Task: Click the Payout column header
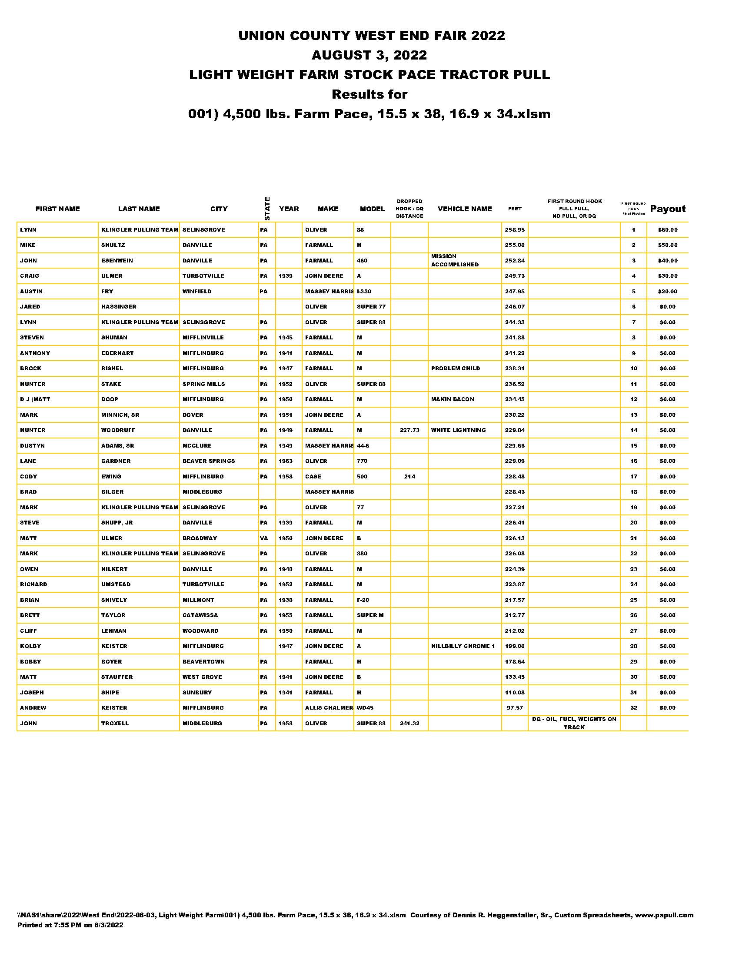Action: point(668,209)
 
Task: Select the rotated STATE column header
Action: point(267,209)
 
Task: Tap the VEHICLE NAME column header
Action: point(465,209)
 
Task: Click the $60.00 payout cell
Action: point(668,230)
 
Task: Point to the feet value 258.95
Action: point(514,230)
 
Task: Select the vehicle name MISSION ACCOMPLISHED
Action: point(455,260)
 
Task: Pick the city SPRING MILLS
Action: point(203,384)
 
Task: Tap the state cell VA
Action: point(264,538)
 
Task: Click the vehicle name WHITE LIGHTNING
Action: point(458,430)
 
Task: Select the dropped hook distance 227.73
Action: point(409,430)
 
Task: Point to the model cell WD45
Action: point(365,708)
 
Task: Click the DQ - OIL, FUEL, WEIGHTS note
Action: point(574,723)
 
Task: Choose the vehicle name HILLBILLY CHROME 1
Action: point(463,646)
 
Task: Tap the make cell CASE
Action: point(313,477)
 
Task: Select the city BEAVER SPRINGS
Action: point(208,461)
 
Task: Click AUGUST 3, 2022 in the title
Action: point(369,55)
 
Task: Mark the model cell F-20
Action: point(363,600)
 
